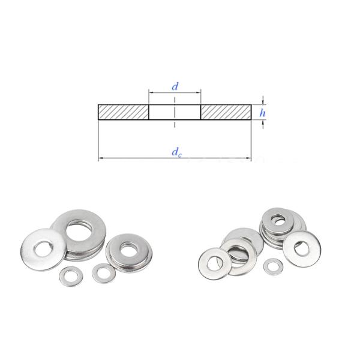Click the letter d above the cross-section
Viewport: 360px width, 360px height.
pos(175,86)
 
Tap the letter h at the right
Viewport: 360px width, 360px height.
pos(262,112)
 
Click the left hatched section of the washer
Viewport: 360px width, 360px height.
pos(123,112)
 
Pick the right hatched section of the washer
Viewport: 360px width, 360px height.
pos(226,112)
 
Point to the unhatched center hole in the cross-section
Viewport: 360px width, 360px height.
pos(175,112)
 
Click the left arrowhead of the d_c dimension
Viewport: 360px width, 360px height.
pos(100,158)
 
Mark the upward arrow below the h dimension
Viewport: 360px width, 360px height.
pos(263,123)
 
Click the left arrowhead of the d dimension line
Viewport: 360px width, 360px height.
pos(151,93)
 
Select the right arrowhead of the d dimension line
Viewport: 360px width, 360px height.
pos(199,93)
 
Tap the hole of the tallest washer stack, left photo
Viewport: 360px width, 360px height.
pos(80,228)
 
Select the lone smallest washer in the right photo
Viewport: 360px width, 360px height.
pos(274,265)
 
